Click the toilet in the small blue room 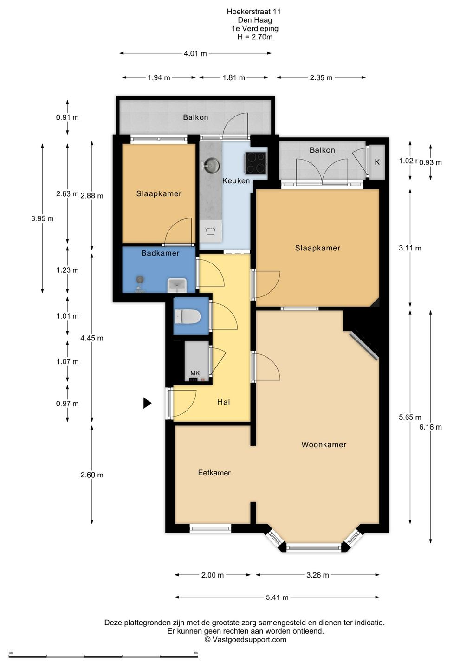[187, 316]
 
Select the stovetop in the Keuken [255, 163]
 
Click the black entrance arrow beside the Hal [147, 403]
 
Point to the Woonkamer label [324, 444]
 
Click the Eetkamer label [214, 473]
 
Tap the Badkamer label [160, 253]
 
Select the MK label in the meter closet [195, 373]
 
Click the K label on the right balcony [377, 162]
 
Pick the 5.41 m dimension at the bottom [277, 597]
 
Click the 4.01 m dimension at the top [195, 54]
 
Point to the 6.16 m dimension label [430, 427]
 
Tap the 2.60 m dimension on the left [92, 475]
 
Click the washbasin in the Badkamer [177, 285]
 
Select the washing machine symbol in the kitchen [211, 231]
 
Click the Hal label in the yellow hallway [224, 402]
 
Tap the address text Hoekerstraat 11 [253, 12]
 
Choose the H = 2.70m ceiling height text [255, 37]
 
